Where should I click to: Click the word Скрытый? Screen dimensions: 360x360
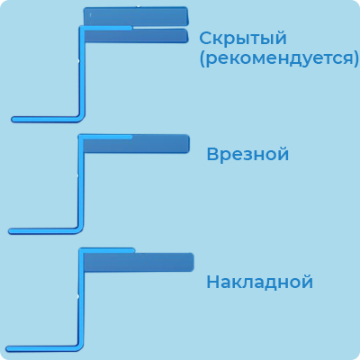coord(243,39)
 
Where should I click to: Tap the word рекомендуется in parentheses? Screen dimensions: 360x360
coord(279,58)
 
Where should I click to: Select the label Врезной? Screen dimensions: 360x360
coord(247,155)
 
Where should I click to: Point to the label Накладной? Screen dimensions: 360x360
coord(260,282)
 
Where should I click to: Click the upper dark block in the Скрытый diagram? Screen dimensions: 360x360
coord(136,16)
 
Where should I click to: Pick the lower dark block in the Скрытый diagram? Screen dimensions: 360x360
coord(136,36)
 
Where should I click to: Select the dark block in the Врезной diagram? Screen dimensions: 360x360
coord(136,144)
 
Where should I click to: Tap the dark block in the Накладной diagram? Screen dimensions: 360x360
coord(138,262)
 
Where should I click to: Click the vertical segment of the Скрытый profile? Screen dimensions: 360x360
coord(82,72)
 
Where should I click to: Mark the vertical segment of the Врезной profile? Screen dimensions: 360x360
coord(80,182)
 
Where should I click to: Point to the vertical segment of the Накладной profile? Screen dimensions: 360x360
coord(81,297)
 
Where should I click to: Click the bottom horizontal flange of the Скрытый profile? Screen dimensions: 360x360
coord(45,120)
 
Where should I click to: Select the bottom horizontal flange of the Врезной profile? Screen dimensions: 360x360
coord(43,231)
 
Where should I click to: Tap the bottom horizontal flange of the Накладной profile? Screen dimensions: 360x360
coord(42,348)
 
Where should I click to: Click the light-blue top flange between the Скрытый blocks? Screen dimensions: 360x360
coord(105,28)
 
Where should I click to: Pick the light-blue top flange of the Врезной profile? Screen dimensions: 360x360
coord(105,137)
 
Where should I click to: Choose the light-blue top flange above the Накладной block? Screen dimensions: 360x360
coord(107,250)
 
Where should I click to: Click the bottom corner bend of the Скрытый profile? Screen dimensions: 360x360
coord(81,118)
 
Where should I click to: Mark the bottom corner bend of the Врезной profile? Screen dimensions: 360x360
coord(79,229)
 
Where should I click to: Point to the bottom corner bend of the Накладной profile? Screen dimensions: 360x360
coord(80,346)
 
